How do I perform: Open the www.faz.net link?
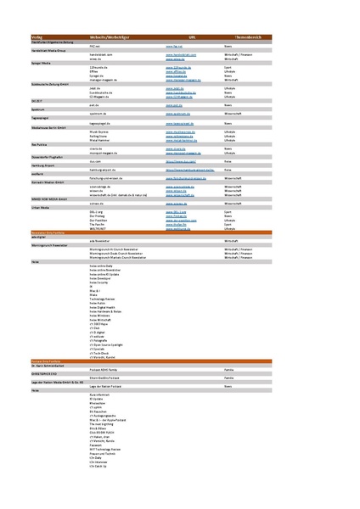[174, 46]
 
